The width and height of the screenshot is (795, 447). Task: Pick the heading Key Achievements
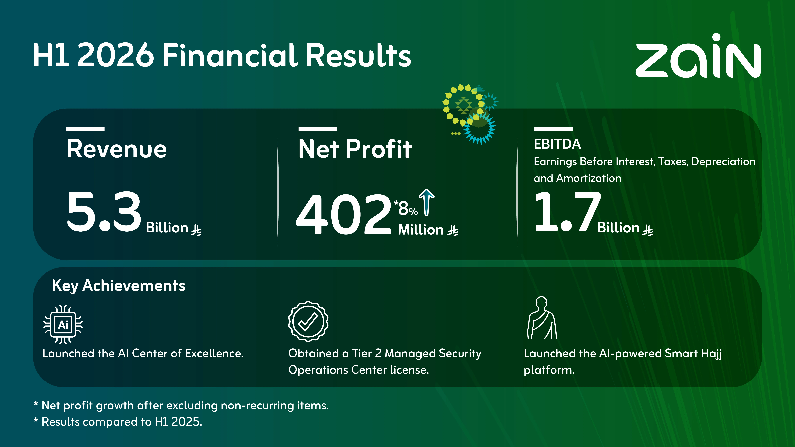point(119,286)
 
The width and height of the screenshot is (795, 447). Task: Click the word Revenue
point(117,149)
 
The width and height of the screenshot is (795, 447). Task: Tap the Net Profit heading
point(355,149)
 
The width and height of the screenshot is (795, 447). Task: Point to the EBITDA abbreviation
point(557,144)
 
